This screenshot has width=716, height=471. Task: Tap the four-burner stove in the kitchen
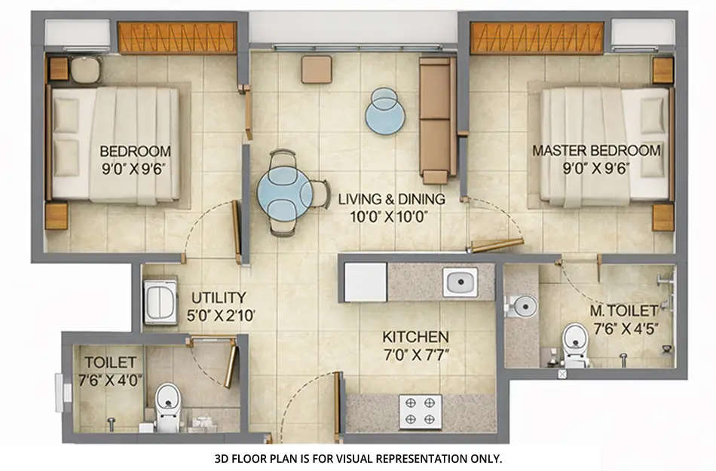click(x=421, y=411)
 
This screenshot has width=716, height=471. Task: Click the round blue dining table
click(x=285, y=194)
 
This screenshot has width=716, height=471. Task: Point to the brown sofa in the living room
click(x=436, y=119)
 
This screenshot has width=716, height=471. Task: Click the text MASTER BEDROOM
click(x=596, y=151)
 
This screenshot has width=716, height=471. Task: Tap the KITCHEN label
click(x=415, y=337)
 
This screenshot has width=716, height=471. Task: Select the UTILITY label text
click(x=218, y=298)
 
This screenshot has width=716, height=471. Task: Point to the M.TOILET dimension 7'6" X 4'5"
click(x=620, y=329)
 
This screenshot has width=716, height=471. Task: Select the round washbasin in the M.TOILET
click(x=523, y=305)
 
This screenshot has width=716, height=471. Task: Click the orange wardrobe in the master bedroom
click(x=537, y=38)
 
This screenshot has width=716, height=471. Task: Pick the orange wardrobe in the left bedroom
click(x=177, y=38)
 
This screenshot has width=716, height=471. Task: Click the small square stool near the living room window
click(x=316, y=69)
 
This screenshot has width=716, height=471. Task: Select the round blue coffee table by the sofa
click(x=384, y=112)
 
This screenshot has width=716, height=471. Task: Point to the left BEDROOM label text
click(x=135, y=151)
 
